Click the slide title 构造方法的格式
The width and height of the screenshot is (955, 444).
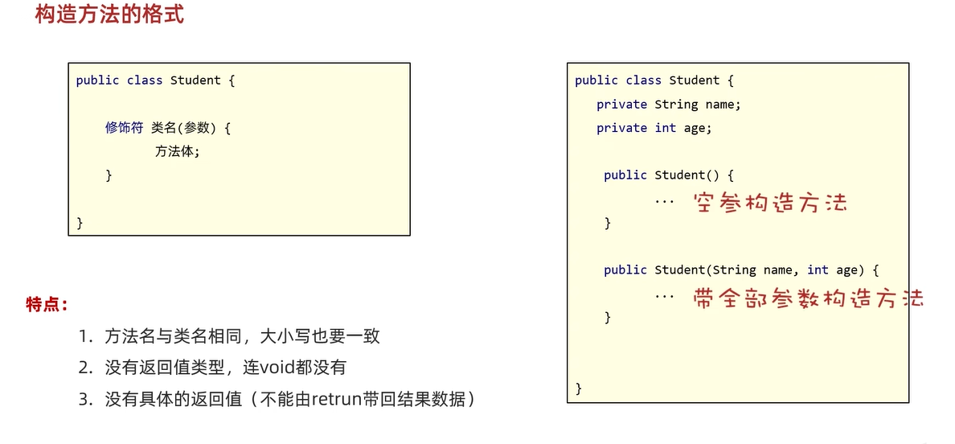(x=109, y=15)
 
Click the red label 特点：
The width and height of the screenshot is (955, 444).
(x=47, y=305)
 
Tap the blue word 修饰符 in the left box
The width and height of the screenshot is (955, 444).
(x=124, y=128)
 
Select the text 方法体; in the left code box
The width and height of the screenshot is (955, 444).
(x=177, y=151)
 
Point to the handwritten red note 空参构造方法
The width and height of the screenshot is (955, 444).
(x=770, y=201)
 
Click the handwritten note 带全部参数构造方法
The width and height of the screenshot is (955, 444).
(x=808, y=298)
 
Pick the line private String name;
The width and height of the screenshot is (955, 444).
(x=668, y=105)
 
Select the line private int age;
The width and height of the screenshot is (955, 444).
(x=654, y=128)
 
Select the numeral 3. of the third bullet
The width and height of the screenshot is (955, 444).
(x=86, y=399)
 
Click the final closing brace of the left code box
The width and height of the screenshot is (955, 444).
(x=80, y=223)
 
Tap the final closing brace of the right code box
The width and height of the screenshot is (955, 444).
(x=579, y=389)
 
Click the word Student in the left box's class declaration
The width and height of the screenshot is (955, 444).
(x=195, y=80)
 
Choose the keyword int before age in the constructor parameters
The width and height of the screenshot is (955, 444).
(x=818, y=270)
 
